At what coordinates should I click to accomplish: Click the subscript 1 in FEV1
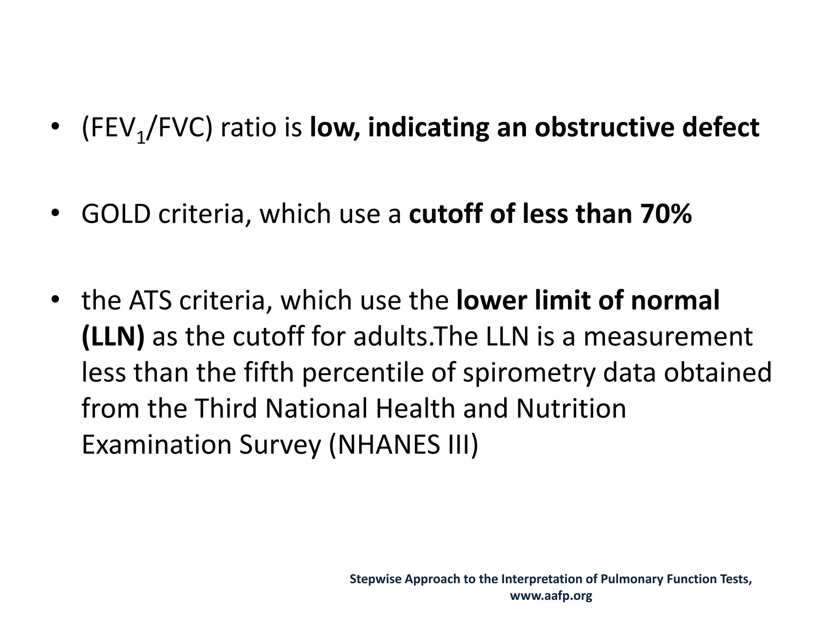tap(141, 138)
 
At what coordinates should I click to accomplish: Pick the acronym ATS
tap(150, 301)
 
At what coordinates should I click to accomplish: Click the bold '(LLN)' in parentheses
tap(113, 337)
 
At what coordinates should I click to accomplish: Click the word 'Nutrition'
tap(571, 408)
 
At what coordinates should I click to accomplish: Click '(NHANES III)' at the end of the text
tap(403, 444)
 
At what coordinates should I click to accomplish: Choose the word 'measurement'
tap(668, 337)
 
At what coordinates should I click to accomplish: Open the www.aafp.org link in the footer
tap(551, 596)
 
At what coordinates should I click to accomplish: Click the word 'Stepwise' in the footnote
tap(376, 579)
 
